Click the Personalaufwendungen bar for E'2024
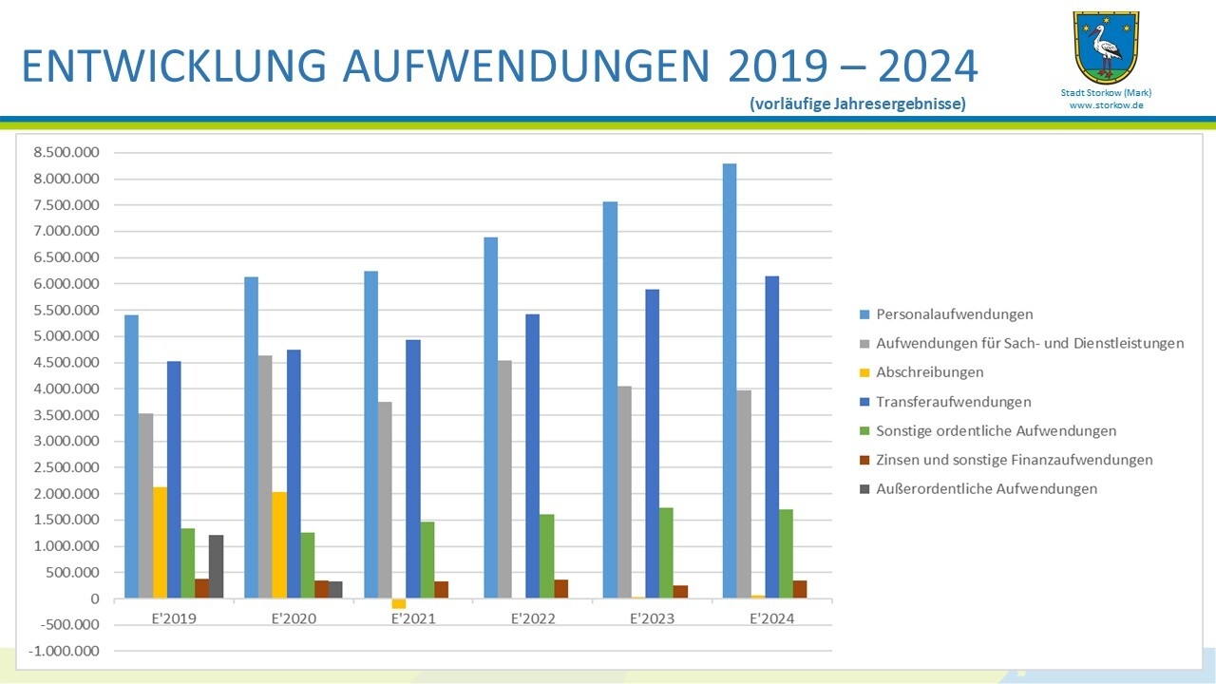729,381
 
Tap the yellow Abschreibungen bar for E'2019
160,542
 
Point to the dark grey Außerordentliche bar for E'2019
216,566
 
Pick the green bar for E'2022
546,556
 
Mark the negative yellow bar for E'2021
398,603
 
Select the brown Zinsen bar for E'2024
800,589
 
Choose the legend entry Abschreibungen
929,372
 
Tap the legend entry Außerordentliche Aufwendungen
986,488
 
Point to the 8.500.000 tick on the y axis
66,153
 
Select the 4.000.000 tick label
66,389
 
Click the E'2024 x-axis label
770,618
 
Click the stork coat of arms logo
1105,47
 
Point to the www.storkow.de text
1106,105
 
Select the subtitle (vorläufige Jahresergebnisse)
857,104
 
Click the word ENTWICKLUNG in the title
172,66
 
